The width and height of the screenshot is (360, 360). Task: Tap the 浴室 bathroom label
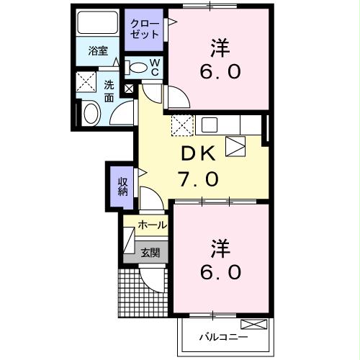(99, 52)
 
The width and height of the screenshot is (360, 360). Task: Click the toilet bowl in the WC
(137, 68)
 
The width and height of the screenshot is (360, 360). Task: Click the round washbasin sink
(91, 114)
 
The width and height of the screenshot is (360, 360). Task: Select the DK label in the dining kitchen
(199, 153)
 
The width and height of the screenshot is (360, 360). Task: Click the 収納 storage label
(122, 185)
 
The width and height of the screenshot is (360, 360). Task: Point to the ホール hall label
(152, 225)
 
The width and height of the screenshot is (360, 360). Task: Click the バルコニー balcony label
(223, 337)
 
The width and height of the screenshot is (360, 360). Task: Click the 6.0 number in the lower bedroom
(221, 274)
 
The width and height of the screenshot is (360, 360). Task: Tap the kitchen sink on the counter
(210, 125)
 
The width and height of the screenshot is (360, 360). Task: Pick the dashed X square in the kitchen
(181, 125)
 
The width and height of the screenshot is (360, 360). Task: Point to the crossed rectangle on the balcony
(253, 323)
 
